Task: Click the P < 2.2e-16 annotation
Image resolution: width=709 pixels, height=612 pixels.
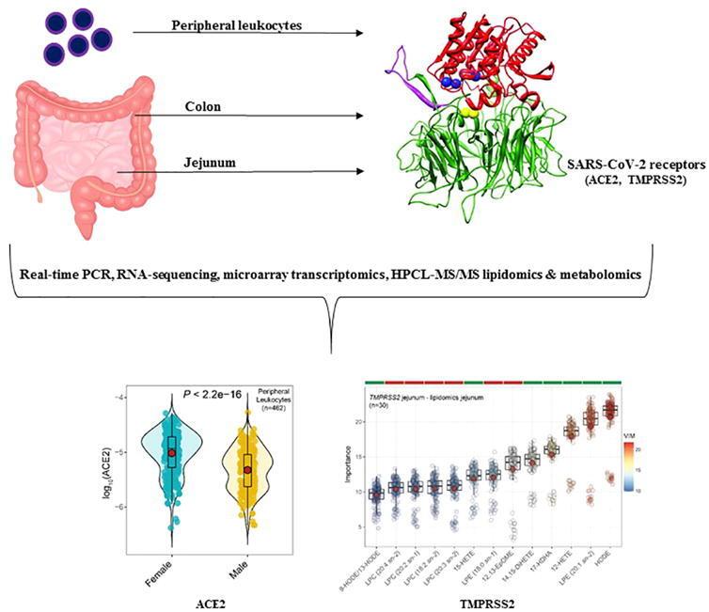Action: click(214, 393)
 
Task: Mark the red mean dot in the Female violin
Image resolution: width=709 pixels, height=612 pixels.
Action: click(171, 452)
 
